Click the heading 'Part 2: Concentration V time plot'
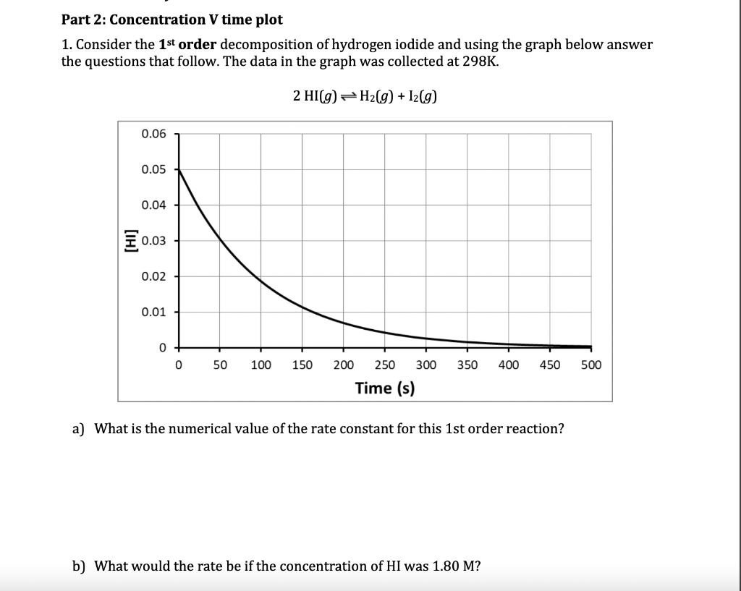[172, 20]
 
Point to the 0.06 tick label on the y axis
[153, 134]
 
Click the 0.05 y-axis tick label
[153, 169]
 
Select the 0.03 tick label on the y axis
[153, 241]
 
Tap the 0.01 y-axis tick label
[153, 312]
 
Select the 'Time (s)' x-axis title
[385, 388]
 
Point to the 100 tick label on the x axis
[261, 365]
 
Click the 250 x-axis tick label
[385, 365]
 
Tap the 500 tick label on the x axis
[591, 365]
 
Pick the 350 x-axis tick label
[467, 365]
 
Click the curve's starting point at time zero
[179, 169]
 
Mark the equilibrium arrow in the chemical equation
[349, 97]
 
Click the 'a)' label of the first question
[79, 428]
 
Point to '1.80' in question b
[444, 566]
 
